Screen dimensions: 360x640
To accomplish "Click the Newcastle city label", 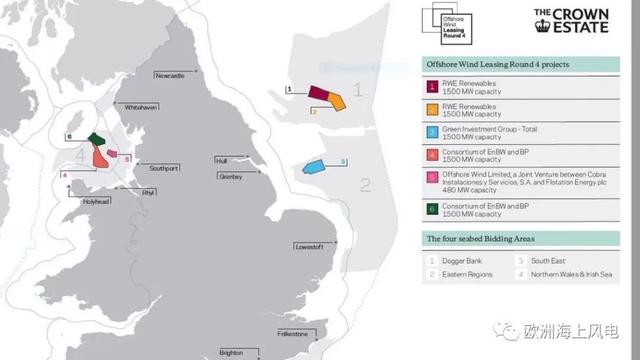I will coord(169,76).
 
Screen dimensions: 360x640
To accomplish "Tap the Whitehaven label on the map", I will coord(137,135).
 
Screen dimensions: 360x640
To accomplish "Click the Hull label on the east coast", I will coord(222,160).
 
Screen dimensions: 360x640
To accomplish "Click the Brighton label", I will coord(232,353).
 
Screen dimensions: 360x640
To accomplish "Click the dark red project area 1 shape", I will coord(319,93).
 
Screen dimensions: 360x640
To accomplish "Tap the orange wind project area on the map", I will coord(335,99).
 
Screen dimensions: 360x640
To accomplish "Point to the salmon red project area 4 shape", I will coord(101,157).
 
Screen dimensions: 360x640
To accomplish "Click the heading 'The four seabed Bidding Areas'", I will coord(480,239).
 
